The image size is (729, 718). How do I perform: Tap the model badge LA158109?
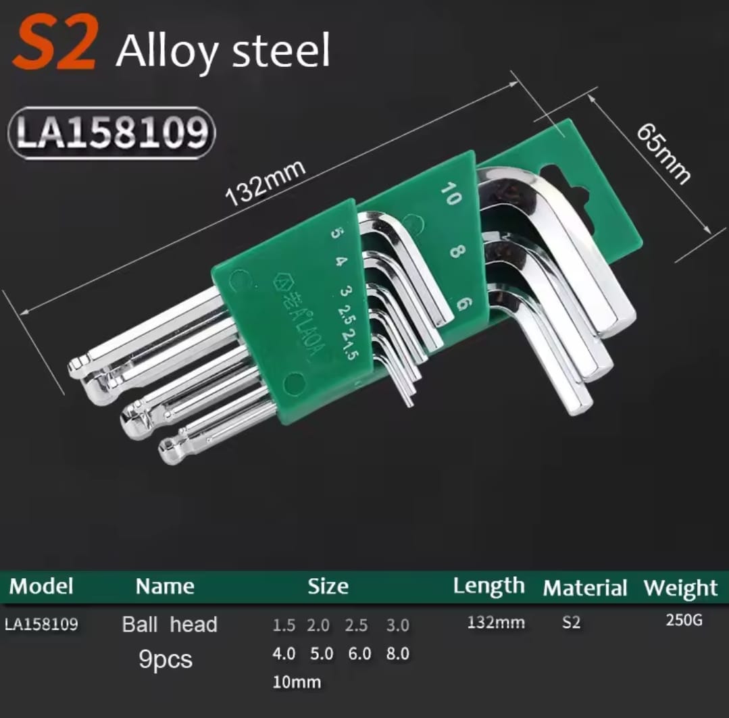pos(111,133)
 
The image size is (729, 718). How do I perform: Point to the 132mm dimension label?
pos(266,182)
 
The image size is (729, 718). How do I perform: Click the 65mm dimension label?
pos(663,153)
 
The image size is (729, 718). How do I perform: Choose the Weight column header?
pos(680,588)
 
